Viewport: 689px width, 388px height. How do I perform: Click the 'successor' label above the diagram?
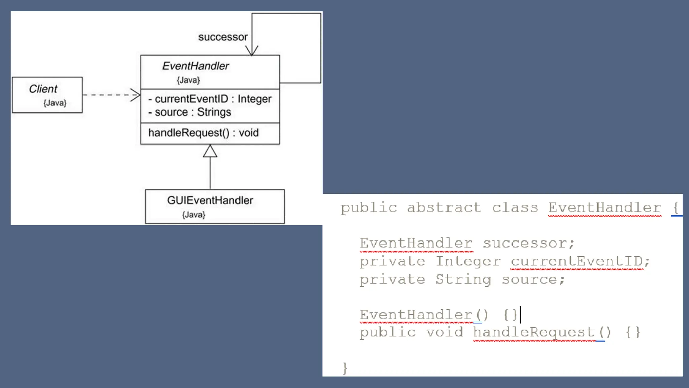pyautogui.click(x=223, y=37)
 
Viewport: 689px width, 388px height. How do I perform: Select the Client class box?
pyautogui.click(x=47, y=95)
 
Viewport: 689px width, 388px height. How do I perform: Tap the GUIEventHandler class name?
pyautogui.click(x=210, y=200)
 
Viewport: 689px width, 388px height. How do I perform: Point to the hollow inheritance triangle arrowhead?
pyautogui.click(x=210, y=151)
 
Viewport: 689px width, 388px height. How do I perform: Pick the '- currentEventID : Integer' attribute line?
pyautogui.click(x=210, y=99)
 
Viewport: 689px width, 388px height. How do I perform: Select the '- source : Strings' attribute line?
pyautogui.click(x=190, y=112)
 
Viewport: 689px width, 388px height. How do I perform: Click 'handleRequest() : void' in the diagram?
pyautogui.click(x=204, y=133)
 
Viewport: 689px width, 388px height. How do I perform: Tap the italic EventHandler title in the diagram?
pyautogui.click(x=195, y=66)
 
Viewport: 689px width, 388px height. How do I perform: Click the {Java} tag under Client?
pyautogui.click(x=55, y=103)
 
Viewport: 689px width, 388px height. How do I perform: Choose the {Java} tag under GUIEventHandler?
pyautogui.click(x=193, y=215)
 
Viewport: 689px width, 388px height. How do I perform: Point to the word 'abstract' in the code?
pyautogui.click(x=444, y=208)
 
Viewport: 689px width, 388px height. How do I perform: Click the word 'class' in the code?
pyautogui.click(x=515, y=208)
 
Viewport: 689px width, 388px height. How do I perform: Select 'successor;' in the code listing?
pyautogui.click(x=529, y=243)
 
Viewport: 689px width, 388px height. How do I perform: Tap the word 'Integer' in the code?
pyautogui.click(x=468, y=261)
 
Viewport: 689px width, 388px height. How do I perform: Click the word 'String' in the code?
pyautogui.click(x=463, y=280)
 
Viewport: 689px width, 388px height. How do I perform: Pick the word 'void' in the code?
pyautogui.click(x=444, y=332)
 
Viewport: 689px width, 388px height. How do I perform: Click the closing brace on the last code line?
pyautogui.click(x=345, y=368)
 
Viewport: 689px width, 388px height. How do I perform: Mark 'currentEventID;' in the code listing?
pyautogui.click(x=580, y=261)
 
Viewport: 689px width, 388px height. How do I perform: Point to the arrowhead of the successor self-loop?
pyautogui.click(x=252, y=51)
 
